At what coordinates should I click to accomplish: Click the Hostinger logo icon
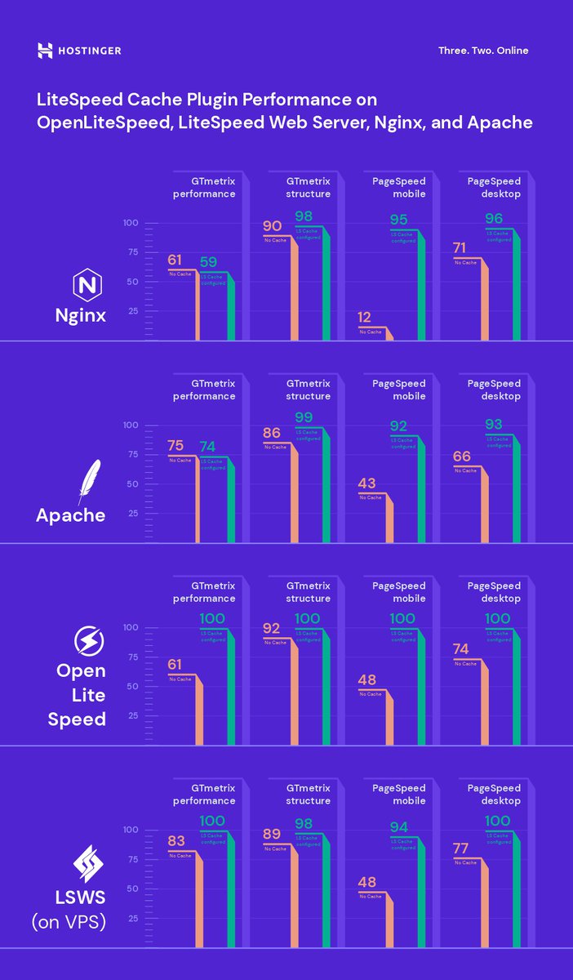pyautogui.click(x=45, y=51)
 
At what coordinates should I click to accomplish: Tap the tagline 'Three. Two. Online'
pyautogui.click(x=483, y=51)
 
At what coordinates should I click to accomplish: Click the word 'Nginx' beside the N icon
pyautogui.click(x=81, y=314)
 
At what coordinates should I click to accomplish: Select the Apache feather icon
pyautogui.click(x=88, y=482)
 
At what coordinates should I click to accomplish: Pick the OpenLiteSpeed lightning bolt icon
pyautogui.click(x=87, y=641)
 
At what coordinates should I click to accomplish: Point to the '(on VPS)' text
pyautogui.click(x=69, y=924)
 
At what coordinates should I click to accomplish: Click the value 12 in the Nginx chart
pyautogui.click(x=364, y=317)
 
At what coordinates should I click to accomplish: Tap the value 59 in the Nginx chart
pyautogui.click(x=209, y=263)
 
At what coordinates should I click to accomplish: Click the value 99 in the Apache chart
pyautogui.click(x=304, y=417)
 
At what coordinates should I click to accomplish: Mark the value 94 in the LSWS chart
pyautogui.click(x=398, y=827)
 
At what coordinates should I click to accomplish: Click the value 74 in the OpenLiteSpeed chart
pyautogui.click(x=462, y=649)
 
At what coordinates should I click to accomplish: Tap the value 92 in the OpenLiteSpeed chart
pyautogui.click(x=272, y=630)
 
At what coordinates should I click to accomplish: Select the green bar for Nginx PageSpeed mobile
pyautogui.click(x=421, y=290)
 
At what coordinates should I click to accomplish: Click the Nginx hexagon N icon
pyautogui.click(x=86, y=286)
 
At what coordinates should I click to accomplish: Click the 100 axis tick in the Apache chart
pyautogui.click(x=131, y=425)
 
